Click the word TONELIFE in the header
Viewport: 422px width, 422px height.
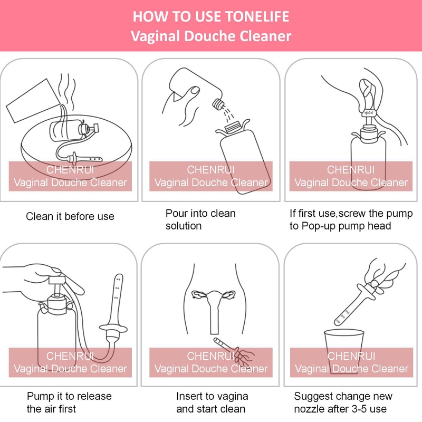(257, 16)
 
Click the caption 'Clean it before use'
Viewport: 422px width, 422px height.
(70, 216)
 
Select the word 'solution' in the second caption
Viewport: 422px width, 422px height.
(184, 226)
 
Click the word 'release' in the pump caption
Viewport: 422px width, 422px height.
(94, 396)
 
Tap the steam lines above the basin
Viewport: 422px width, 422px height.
(68, 90)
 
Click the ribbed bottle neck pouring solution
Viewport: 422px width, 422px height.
(218, 104)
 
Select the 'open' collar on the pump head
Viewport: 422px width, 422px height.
(369, 113)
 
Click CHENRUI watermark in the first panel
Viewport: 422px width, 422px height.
(70, 170)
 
